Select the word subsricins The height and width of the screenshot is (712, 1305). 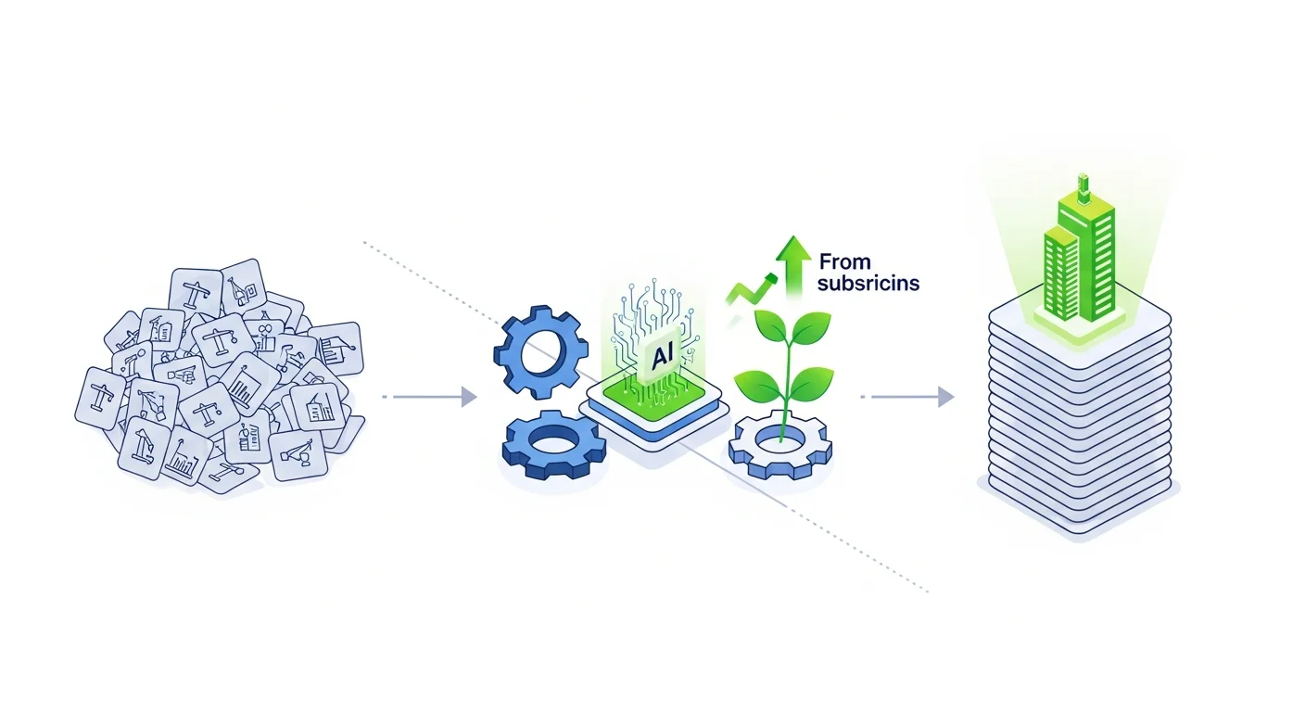pyautogui.click(x=868, y=284)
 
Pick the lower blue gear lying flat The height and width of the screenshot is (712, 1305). pyautogui.click(x=552, y=447)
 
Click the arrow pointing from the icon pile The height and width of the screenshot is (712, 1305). pyautogui.click(x=436, y=397)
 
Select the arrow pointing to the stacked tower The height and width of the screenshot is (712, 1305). pyautogui.click(x=913, y=397)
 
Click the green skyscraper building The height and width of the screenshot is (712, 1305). pyautogui.click(x=1080, y=255)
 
